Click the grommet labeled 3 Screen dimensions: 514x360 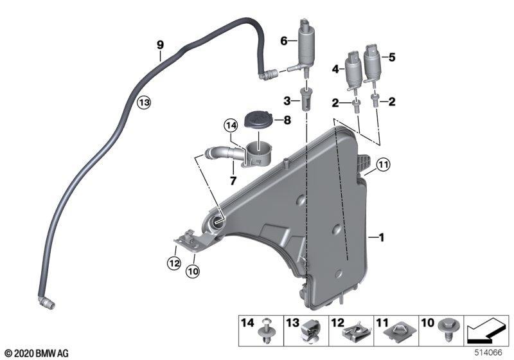[x=306, y=99]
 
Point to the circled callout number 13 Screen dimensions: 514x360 [x=143, y=103]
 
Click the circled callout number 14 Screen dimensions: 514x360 [x=230, y=125]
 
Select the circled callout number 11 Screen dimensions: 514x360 [x=383, y=165]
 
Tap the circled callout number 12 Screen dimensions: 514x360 [x=173, y=263]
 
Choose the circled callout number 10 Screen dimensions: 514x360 [x=193, y=271]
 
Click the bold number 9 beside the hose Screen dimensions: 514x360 [x=160, y=44]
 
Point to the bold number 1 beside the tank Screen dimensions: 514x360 [x=381, y=237]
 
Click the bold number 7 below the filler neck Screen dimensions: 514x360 [x=233, y=181]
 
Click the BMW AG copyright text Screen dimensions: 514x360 [x=37, y=354]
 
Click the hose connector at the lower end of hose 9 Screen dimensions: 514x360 [x=46, y=303]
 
